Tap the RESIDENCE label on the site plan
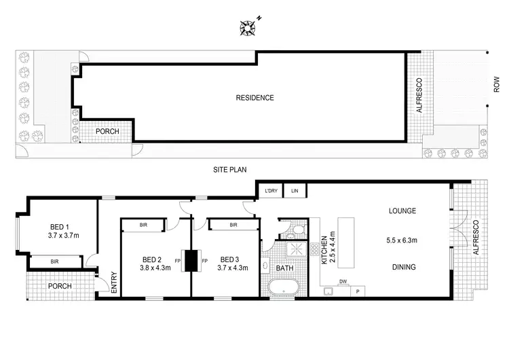click(254, 98)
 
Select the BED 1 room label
click(60, 228)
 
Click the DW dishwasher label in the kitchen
click(343, 281)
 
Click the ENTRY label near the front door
click(113, 283)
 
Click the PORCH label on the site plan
click(107, 132)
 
